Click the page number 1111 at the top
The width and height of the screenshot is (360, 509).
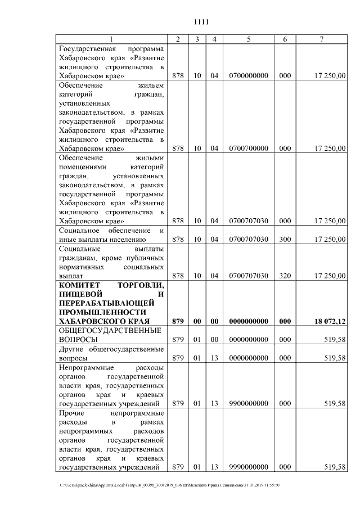pos(201,22)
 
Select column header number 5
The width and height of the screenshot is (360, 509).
pos(248,39)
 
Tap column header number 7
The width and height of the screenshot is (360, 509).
pos(321,39)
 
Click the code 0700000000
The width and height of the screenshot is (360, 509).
pos(248,75)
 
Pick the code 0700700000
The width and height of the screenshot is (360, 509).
pos(248,148)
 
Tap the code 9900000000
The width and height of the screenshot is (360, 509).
pos(248,403)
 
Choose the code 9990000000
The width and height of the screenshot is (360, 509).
pos(248,467)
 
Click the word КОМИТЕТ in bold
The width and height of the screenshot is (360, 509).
pos(79,285)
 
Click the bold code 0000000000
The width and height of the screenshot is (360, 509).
pos(248,321)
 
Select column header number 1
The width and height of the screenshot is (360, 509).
pos(111,39)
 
